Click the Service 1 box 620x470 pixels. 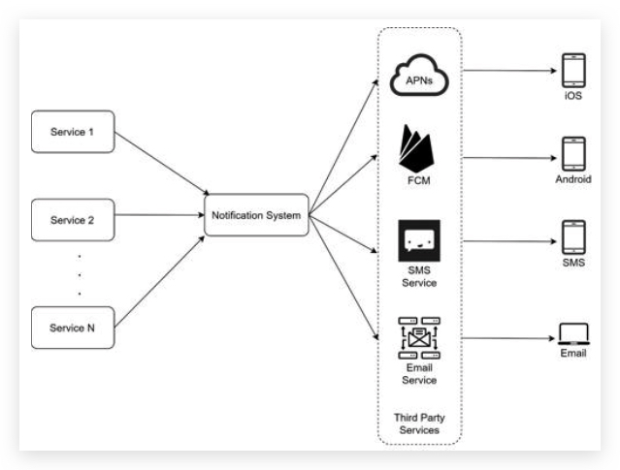pos(73,132)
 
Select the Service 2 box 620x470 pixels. pos(73,220)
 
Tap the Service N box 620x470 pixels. pos(73,328)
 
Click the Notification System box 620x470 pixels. pos(257,214)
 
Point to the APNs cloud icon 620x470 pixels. pos(419,78)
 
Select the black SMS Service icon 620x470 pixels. pos(419,239)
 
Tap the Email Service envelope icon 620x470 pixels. pos(419,337)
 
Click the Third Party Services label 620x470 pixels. pos(419,423)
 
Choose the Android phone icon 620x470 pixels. pos(573,154)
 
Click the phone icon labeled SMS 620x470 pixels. pos(573,237)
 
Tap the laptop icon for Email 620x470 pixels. pos(573,335)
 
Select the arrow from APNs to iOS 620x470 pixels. pos(508,70)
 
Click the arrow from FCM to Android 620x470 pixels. pos(508,155)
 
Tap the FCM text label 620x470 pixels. pos(419,181)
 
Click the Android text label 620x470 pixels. pos(573,180)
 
